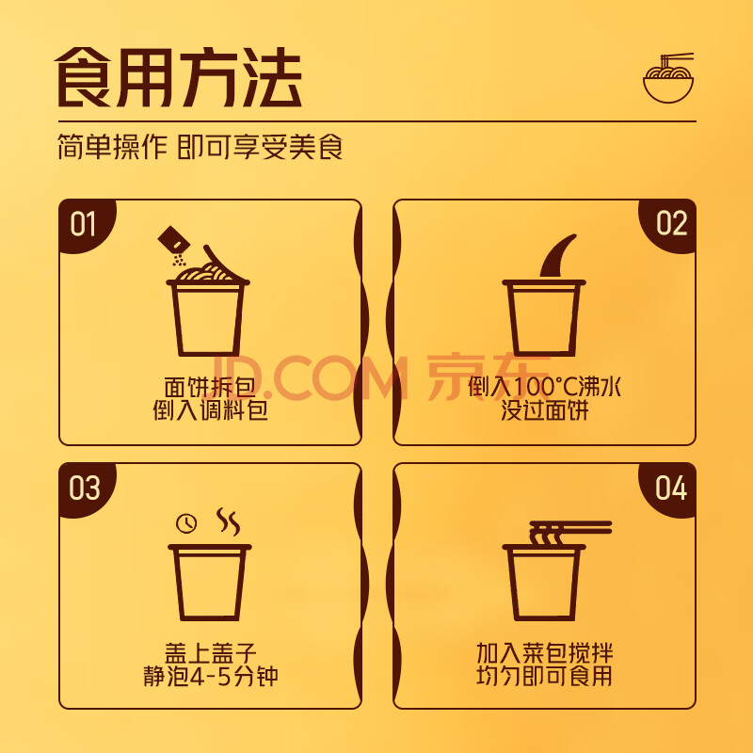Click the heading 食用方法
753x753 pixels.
tap(178, 77)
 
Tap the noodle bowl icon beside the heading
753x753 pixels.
tap(668, 78)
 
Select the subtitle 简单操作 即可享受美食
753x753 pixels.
tap(200, 147)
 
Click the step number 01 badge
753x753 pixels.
tap(84, 223)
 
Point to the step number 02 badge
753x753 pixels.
tap(670, 223)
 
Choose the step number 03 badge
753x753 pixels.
tap(84, 488)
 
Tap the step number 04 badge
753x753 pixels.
tap(670, 488)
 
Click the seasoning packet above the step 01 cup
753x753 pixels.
tap(172, 240)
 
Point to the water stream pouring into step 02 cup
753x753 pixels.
tap(557, 256)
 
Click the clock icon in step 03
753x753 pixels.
tap(186, 523)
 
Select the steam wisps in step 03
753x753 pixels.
tap(228, 521)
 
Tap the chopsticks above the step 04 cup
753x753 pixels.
tap(570, 527)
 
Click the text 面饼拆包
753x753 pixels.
tap(209, 387)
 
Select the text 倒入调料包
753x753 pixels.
tap(210, 410)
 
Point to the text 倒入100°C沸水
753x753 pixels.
tap(544, 387)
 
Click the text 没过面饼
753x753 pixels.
tap(544, 410)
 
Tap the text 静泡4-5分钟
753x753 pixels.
tap(210, 676)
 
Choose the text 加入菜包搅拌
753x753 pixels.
tap(544, 653)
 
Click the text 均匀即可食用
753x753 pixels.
tap(544, 676)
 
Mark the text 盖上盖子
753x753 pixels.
tap(210, 653)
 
